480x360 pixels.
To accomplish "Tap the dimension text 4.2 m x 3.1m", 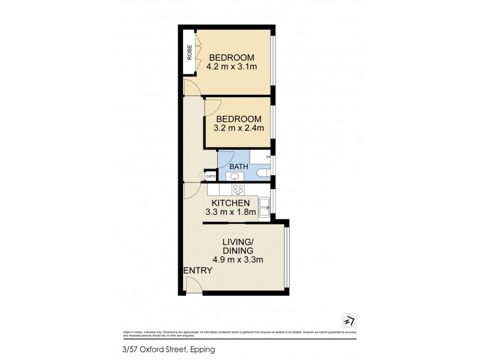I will [x=233, y=67].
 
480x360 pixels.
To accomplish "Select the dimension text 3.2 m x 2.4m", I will [x=239, y=128].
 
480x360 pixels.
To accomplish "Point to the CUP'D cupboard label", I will [x=211, y=176].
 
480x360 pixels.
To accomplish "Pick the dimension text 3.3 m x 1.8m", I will [x=231, y=212].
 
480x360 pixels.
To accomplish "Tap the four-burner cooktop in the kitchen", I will [x=238, y=189].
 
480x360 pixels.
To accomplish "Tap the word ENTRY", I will [x=198, y=271].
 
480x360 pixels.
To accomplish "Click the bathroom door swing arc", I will [x=223, y=157].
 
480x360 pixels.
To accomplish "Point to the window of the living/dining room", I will [x=287, y=257].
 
